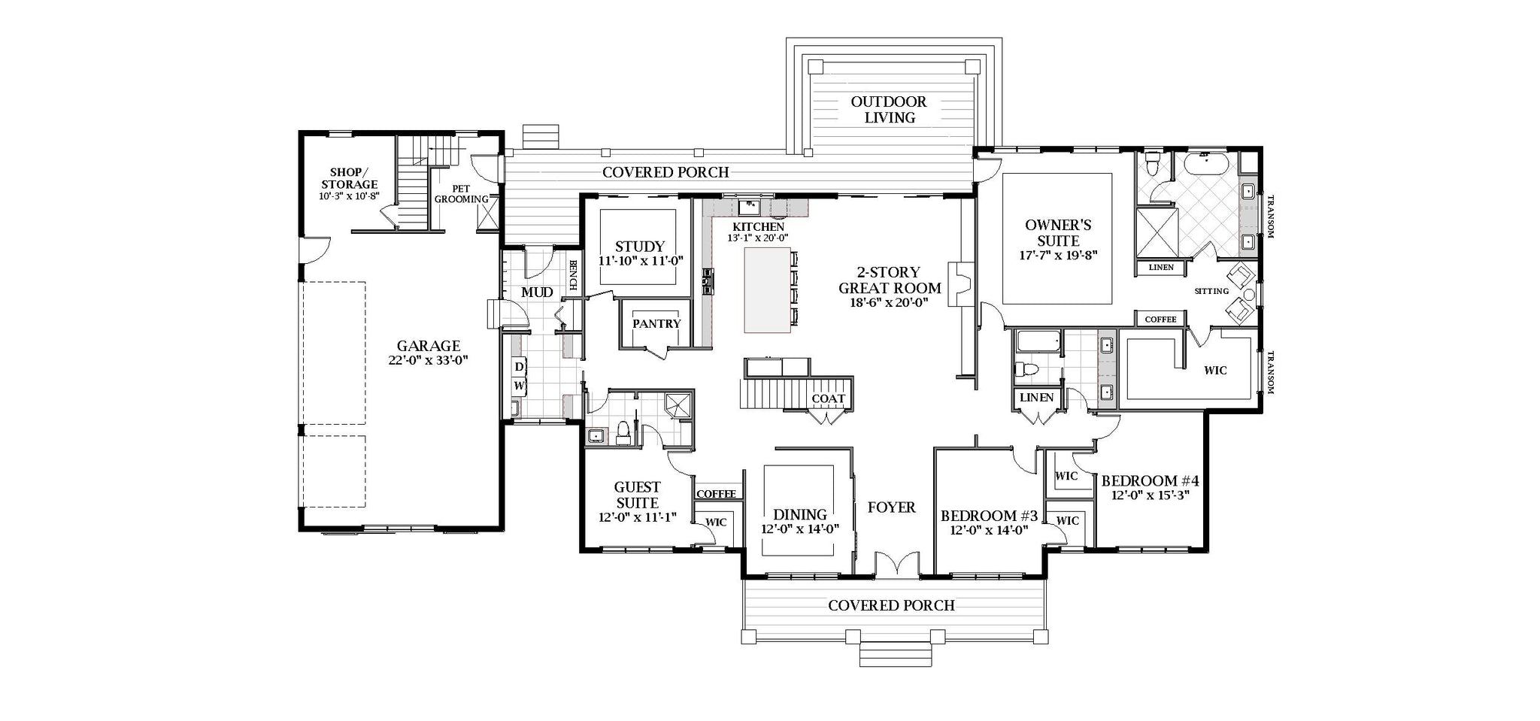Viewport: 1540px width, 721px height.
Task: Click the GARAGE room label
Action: click(429, 346)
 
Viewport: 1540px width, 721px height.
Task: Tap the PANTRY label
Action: click(656, 323)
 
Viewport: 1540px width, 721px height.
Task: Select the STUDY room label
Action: click(640, 246)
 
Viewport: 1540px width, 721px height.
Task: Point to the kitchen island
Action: click(767, 290)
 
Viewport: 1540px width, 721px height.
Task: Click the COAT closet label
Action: click(828, 398)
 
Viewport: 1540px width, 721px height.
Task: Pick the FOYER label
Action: click(892, 507)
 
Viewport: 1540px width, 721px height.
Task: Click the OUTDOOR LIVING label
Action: click(890, 110)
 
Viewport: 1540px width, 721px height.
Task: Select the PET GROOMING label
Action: click(462, 194)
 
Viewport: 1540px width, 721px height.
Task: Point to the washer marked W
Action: click(519, 386)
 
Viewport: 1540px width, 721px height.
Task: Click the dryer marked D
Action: click(519, 367)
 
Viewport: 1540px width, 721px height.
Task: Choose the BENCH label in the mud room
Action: click(573, 275)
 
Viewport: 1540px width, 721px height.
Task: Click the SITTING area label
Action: click(1211, 291)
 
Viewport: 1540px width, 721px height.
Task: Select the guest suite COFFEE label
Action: click(716, 494)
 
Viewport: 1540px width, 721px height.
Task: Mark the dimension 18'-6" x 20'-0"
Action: click(890, 303)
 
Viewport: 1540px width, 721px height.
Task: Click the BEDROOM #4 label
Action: click(1150, 480)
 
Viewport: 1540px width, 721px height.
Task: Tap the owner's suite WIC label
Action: click(1215, 370)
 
